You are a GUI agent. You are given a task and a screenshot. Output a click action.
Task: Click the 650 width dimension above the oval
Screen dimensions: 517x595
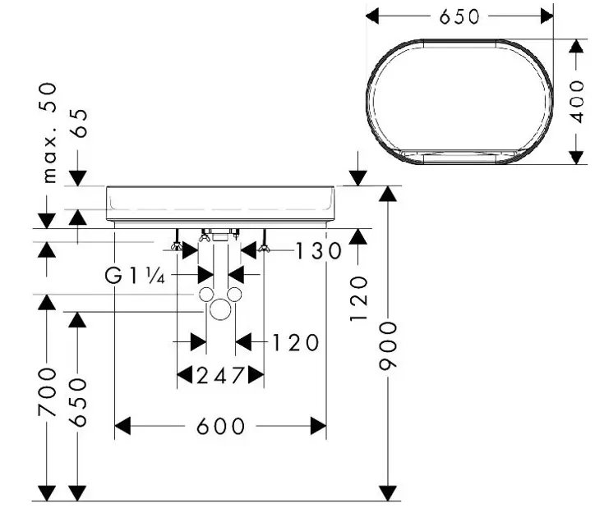[x=459, y=16]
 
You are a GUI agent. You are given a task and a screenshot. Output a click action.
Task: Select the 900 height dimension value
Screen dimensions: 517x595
[x=387, y=344]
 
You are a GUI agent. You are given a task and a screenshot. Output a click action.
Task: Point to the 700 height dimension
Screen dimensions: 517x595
[x=48, y=391]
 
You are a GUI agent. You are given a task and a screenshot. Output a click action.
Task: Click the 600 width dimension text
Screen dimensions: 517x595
[x=221, y=426]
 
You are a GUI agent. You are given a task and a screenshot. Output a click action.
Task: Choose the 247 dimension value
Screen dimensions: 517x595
[x=220, y=375]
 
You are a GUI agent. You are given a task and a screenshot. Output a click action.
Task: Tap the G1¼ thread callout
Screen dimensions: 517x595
[x=136, y=276]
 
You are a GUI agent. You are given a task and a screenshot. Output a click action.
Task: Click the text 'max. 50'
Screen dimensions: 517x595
[x=49, y=131]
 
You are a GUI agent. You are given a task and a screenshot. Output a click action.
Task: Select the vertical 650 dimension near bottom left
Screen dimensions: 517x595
[x=78, y=402]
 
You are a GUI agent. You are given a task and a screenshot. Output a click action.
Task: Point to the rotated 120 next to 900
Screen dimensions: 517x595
[x=359, y=298]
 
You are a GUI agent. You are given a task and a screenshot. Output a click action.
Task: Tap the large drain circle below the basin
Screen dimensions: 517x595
[x=219, y=309]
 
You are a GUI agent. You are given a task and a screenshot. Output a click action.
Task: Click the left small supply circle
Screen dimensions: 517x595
[x=205, y=295]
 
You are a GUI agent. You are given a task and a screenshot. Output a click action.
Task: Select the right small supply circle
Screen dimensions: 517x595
[x=234, y=295]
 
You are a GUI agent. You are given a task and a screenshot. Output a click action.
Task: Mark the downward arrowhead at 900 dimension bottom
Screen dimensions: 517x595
[x=387, y=492]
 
